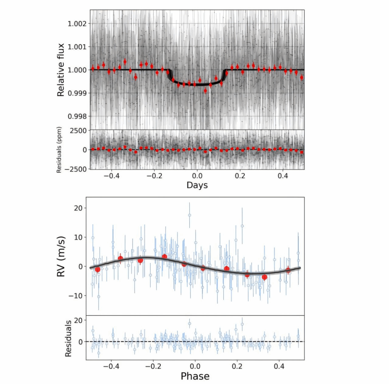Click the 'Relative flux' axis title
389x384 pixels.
(x=61, y=70)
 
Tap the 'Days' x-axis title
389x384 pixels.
(x=197, y=185)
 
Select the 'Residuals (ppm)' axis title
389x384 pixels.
(x=59, y=150)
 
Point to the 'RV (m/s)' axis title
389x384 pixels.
(x=61, y=257)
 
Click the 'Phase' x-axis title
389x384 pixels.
(x=195, y=376)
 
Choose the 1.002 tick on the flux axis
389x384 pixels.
(x=77, y=24)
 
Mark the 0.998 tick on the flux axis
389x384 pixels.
(x=77, y=116)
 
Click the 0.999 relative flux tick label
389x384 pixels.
(x=77, y=93)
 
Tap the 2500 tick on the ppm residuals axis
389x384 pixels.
(x=78, y=131)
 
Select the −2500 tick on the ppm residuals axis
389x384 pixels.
(x=76, y=169)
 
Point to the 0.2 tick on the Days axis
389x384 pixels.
(x=240, y=176)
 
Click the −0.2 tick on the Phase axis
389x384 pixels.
(x=153, y=366)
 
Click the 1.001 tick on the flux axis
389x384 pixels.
(x=77, y=47)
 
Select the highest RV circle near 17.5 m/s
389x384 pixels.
(x=190, y=215)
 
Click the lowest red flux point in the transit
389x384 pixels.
(x=205, y=90)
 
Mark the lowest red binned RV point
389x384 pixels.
(x=265, y=277)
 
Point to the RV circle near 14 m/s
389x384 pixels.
(x=242, y=226)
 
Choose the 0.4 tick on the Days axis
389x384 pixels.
(x=283, y=176)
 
